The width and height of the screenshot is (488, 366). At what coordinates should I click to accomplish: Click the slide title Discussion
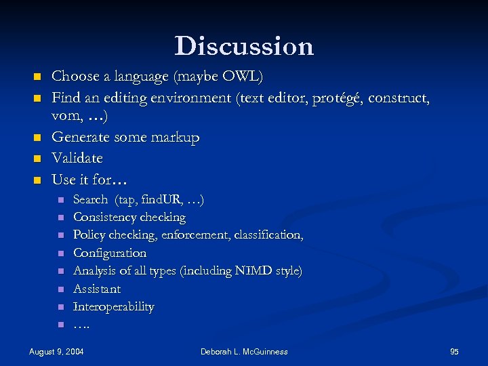[x=244, y=46]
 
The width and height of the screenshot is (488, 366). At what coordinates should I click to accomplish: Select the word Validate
[x=77, y=159]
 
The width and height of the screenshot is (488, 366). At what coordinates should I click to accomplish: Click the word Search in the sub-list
[x=90, y=199]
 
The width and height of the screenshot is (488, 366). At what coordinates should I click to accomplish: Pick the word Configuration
[x=110, y=253]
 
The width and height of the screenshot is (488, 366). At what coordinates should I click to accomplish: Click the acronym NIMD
[x=254, y=270]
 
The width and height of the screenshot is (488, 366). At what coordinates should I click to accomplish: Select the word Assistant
[x=97, y=289]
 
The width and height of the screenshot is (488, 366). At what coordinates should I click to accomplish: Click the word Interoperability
[x=113, y=306]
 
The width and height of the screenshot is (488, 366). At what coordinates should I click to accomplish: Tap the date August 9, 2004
[x=57, y=352]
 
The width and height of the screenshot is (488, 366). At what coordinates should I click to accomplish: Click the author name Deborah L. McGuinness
[x=244, y=352]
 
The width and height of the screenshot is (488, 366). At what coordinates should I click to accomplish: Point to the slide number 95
[x=454, y=352]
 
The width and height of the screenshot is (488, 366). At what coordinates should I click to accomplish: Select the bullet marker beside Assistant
[x=60, y=289]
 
